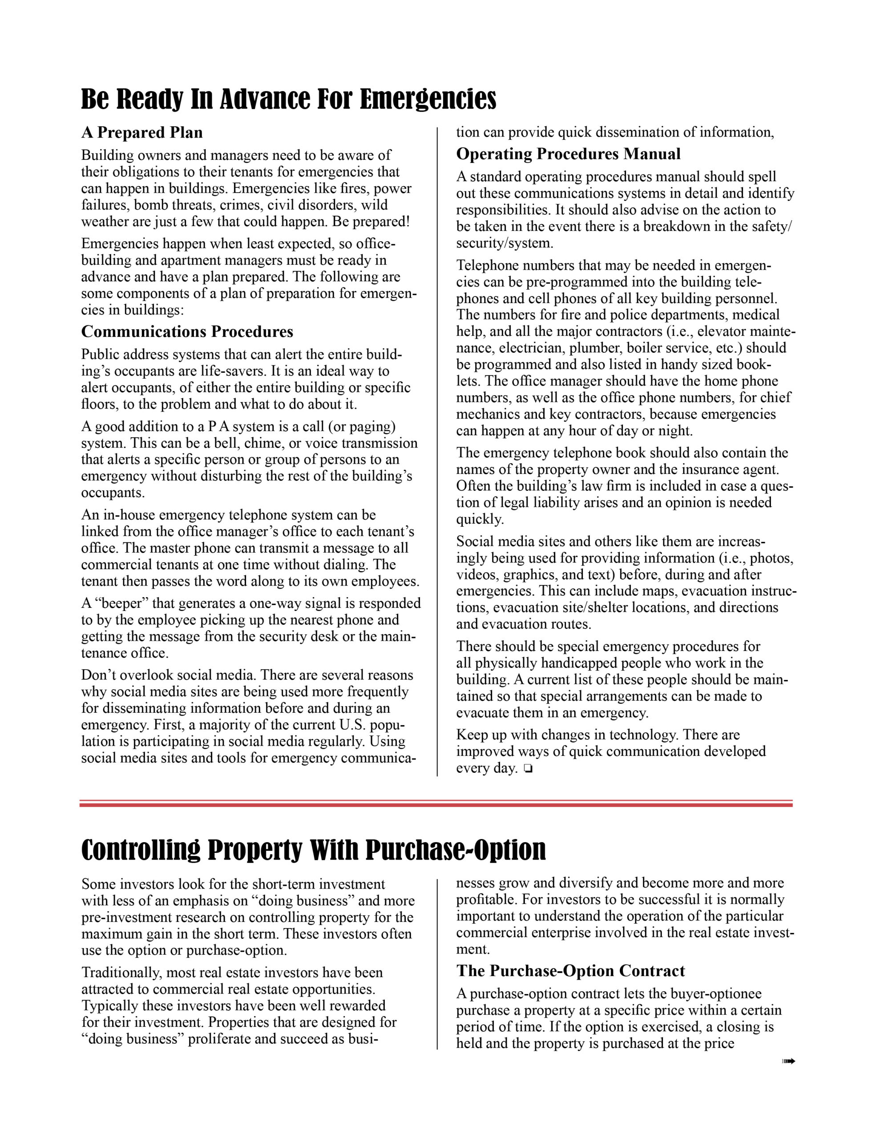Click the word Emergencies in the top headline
point(428,99)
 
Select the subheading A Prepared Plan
point(142,133)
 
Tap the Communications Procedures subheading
point(187,331)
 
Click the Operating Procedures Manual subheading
point(568,154)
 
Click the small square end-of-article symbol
point(528,769)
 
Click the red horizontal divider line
point(436,804)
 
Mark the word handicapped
point(580,663)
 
